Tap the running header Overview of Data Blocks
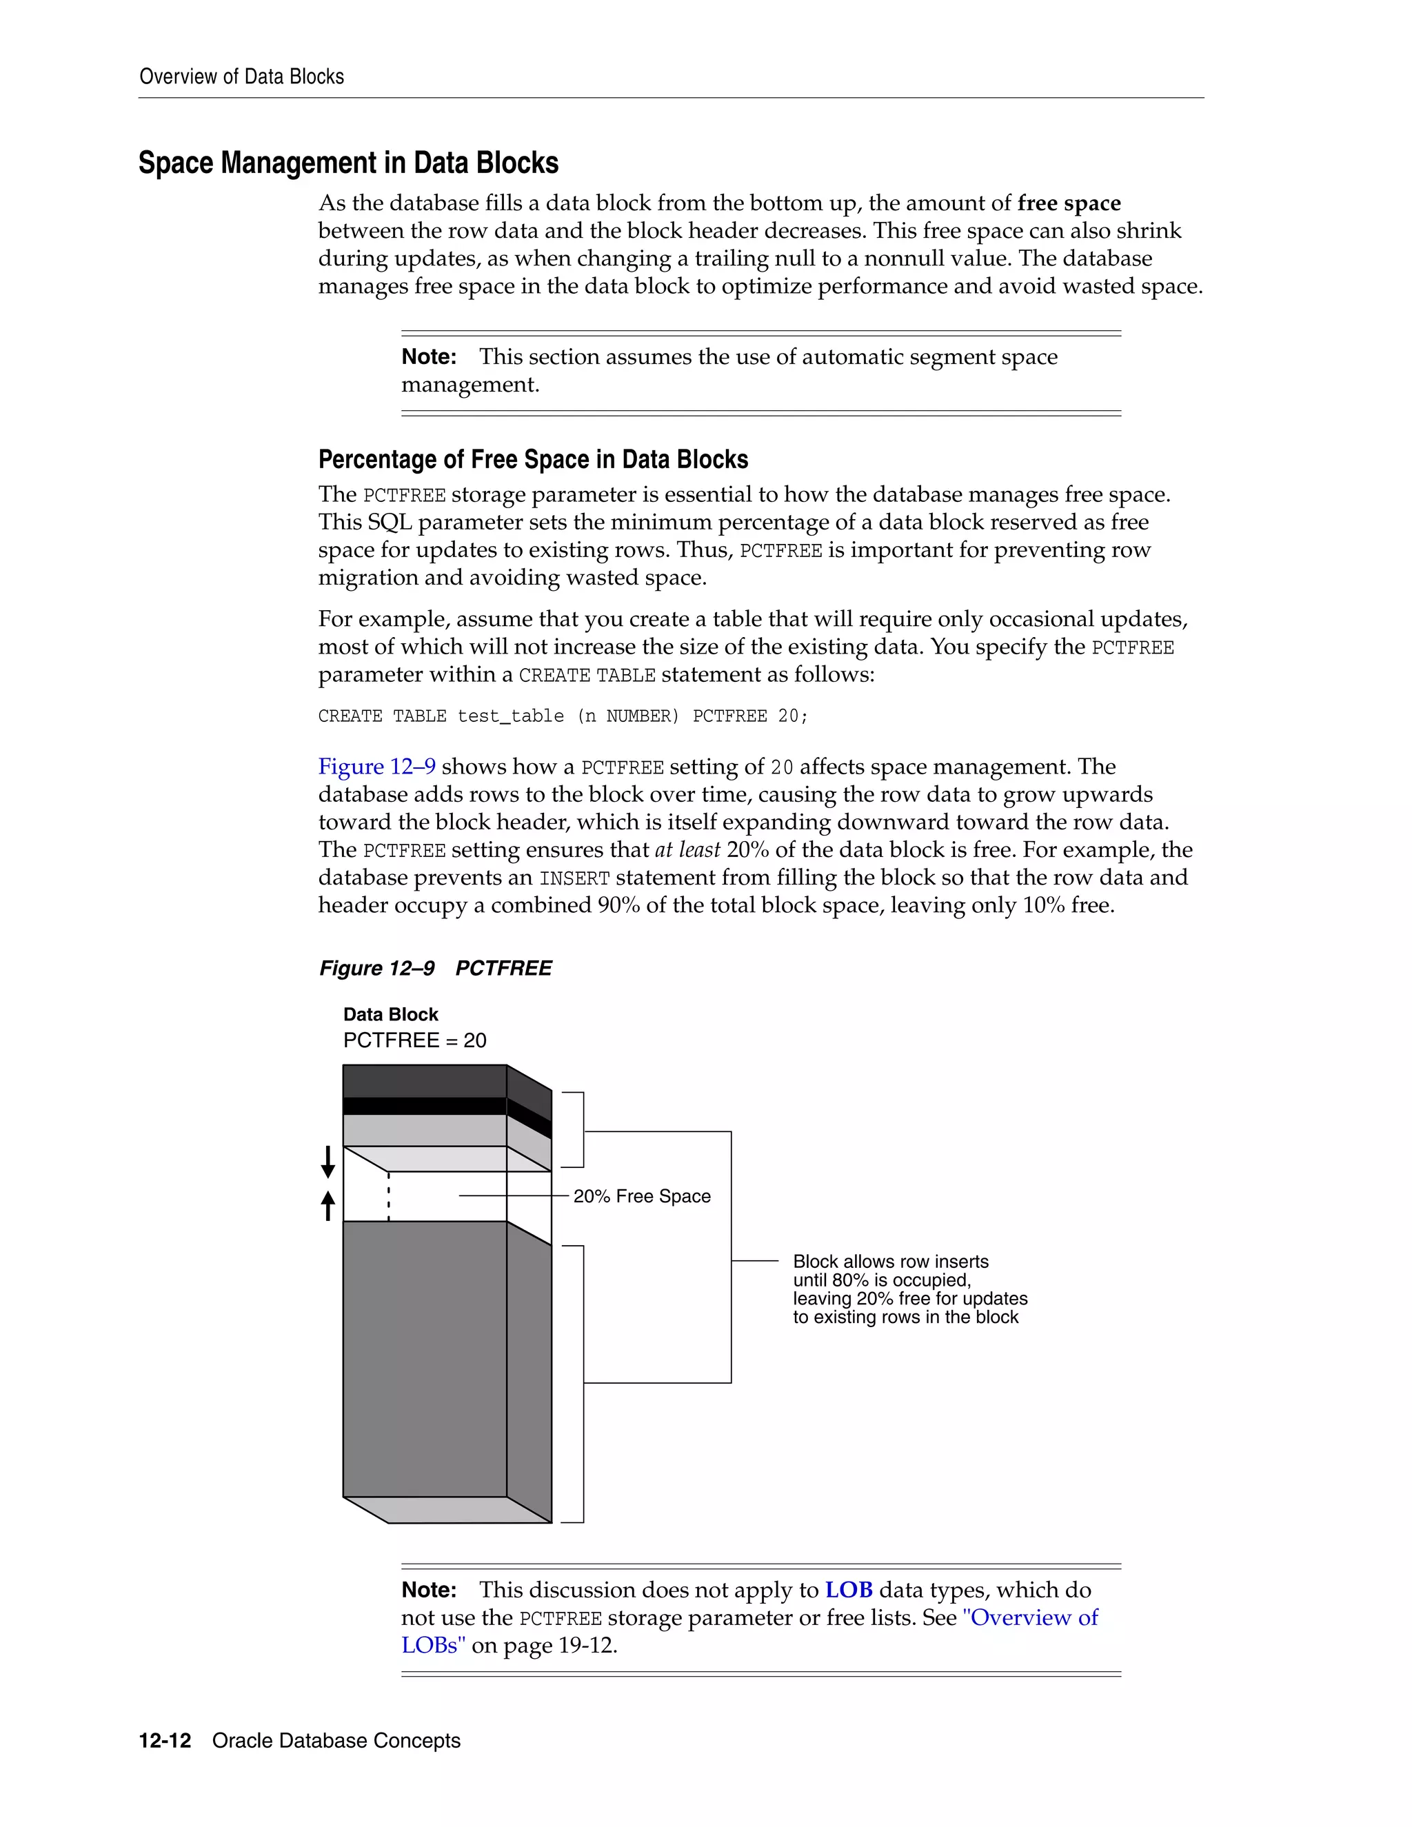pos(242,77)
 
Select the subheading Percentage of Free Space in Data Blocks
pos(533,459)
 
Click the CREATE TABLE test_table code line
pos(562,716)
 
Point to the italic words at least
pos(687,850)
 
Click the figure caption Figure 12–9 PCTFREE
pos(435,968)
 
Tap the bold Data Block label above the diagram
pos(391,1014)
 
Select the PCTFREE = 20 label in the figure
pos(415,1040)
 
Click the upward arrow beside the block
pos(328,1205)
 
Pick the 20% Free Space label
pos(642,1196)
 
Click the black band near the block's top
pos(424,1106)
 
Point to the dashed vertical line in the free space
pos(389,1196)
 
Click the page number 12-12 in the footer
pos(165,1740)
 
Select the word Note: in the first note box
pos(428,357)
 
